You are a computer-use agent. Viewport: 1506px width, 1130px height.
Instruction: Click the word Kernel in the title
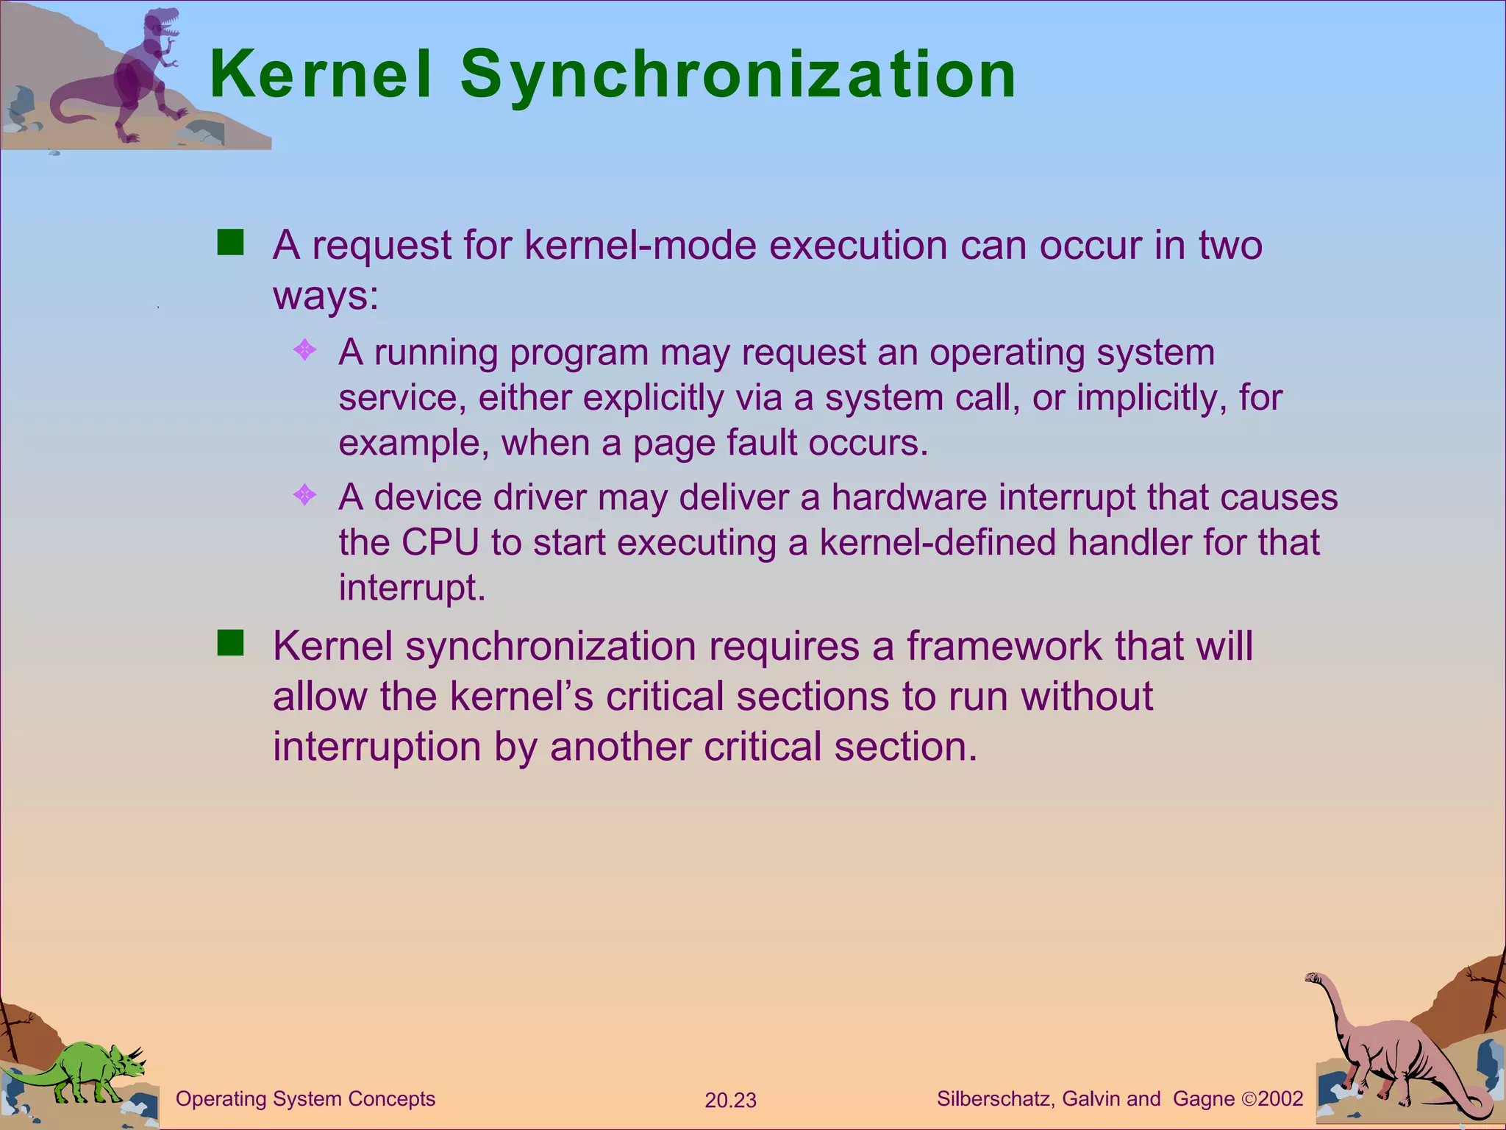tap(321, 74)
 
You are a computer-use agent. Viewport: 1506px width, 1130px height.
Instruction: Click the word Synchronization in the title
tap(738, 76)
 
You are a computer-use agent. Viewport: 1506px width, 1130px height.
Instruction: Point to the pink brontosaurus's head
tap(1314, 978)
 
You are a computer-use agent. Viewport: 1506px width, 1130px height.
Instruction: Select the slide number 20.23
tap(730, 1101)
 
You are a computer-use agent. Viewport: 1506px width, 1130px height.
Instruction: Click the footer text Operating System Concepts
tap(305, 1099)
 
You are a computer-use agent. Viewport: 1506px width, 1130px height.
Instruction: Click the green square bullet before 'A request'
tap(230, 242)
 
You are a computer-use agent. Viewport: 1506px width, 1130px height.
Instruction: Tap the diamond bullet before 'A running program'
tap(304, 349)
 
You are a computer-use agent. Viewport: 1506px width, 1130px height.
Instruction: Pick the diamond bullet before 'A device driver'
tap(304, 494)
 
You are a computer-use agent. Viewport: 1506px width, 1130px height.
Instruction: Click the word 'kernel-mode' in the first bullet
tap(640, 245)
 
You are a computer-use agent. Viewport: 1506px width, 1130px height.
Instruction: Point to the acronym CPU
tap(440, 543)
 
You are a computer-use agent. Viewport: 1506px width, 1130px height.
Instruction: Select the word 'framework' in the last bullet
tap(1004, 646)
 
